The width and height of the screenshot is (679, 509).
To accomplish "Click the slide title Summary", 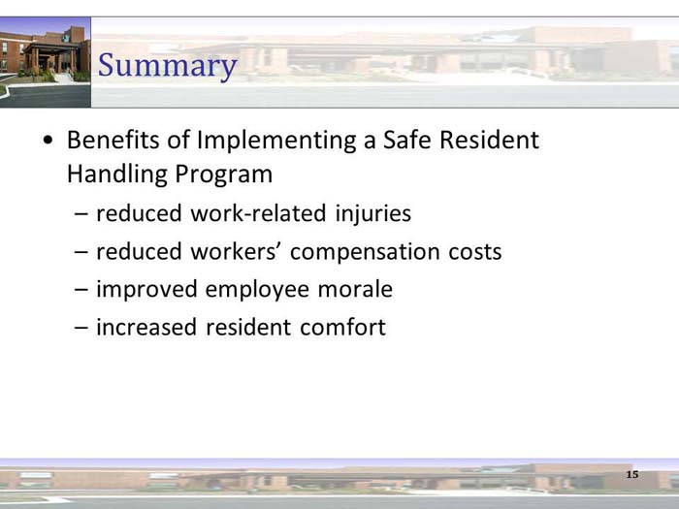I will click(168, 66).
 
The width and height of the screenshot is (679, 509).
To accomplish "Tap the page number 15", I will click(632, 474).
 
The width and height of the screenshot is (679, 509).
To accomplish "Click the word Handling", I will click(116, 175).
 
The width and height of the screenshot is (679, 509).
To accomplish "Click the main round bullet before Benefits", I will click(48, 141).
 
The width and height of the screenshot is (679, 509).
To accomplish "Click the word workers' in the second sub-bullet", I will click(238, 252).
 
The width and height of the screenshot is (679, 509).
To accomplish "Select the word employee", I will click(254, 289).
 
